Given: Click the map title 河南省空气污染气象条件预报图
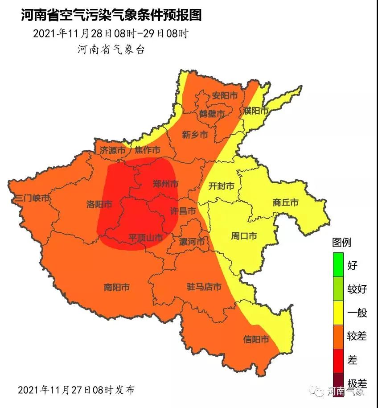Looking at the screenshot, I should point(111,15).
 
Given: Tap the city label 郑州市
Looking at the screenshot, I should point(165,183).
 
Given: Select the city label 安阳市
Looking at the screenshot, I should point(224,96).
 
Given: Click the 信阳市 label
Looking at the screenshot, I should point(256,340).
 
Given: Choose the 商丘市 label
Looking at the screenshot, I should point(285,202).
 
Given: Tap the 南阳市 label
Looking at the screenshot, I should point(116,288).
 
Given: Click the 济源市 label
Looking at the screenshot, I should point(112,151).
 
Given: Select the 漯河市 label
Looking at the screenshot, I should point(192,242).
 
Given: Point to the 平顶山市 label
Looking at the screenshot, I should point(145,238).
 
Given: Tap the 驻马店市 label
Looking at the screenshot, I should point(204,287).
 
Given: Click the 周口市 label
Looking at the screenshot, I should point(244,236).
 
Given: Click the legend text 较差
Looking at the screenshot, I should point(357,337).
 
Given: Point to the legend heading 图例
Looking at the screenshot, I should point(342,243).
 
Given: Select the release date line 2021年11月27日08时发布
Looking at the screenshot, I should point(76,390).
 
